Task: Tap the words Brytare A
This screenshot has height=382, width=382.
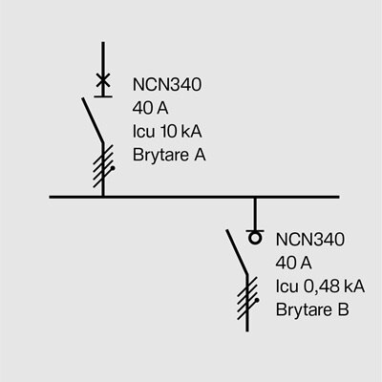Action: (168, 154)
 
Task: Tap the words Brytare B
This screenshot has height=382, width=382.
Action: (312, 309)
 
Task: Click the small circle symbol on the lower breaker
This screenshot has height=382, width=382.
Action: (254, 237)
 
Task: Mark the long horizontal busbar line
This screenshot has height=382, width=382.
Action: (191, 198)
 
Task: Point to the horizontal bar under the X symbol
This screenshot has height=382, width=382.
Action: (103, 93)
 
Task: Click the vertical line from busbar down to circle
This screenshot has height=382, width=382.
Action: (254, 214)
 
